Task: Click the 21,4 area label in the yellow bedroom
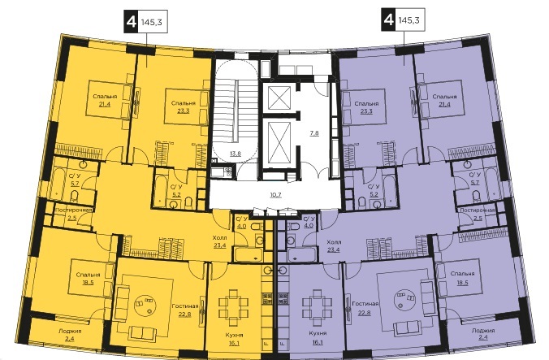(105, 104)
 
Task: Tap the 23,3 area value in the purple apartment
(366, 111)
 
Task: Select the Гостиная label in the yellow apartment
(185, 306)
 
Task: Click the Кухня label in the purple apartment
(318, 333)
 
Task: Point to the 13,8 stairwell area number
(236, 153)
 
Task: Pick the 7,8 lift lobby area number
(314, 133)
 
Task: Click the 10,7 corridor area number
(276, 195)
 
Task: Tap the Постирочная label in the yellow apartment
(74, 210)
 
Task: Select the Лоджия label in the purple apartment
(483, 330)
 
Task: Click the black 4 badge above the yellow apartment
(131, 22)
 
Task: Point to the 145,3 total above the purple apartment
(409, 20)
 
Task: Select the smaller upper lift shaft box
(279, 98)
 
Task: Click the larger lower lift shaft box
(279, 142)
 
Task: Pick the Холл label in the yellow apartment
(219, 238)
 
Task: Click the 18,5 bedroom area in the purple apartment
(462, 281)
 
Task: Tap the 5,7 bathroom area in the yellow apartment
(75, 183)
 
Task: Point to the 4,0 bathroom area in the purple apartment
(309, 226)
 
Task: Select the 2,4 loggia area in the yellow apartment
(70, 337)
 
